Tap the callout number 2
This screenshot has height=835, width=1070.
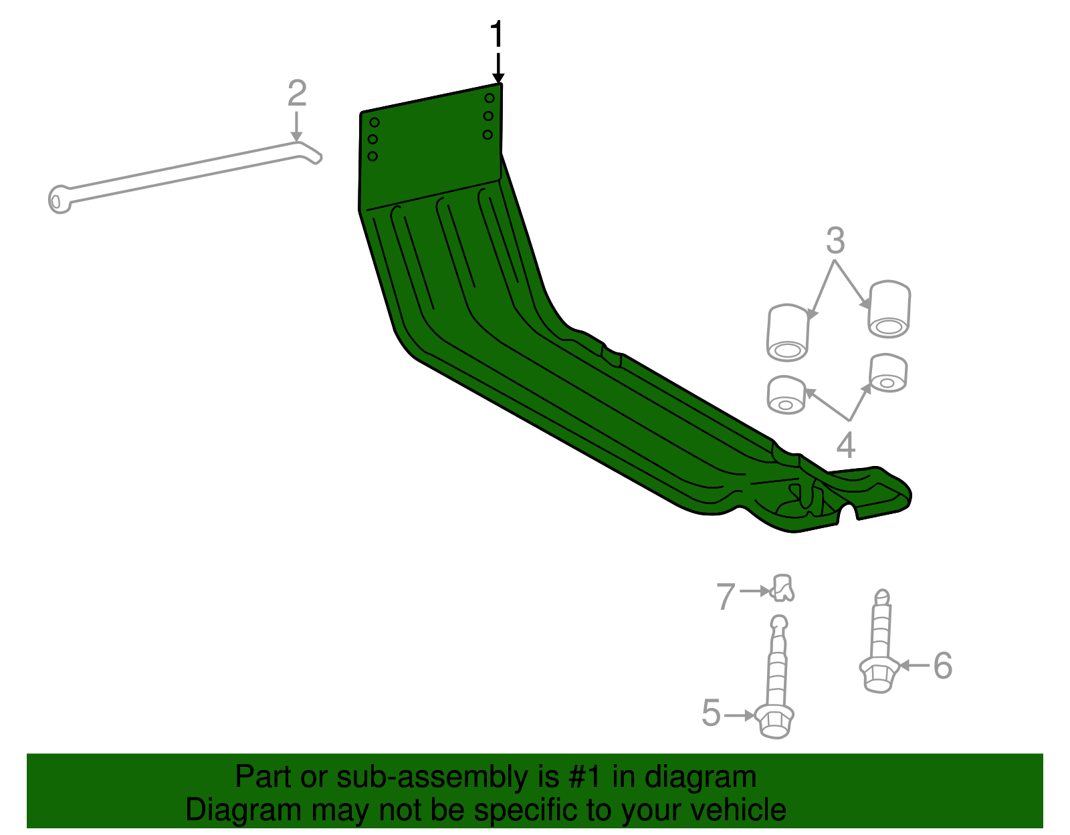pyautogui.click(x=297, y=94)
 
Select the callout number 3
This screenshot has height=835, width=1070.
pyautogui.click(x=835, y=241)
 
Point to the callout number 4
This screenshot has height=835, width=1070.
pyautogui.click(x=846, y=445)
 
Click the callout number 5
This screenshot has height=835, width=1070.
pyautogui.click(x=712, y=713)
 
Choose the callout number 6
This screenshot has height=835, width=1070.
pyautogui.click(x=942, y=666)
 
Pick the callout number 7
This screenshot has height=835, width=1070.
pyautogui.click(x=726, y=596)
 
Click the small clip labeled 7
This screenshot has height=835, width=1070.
pyautogui.click(x=782, y=588)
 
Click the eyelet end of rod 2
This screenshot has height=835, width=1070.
pyautogui.click(x=59, y=199)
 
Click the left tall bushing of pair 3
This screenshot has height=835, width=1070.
pyautogui.click(x=788, y=332)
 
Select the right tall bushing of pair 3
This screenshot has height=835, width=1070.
pyautogui.click(x=889, y=309)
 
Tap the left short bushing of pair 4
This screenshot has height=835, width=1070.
pyautogui.click(x=786, y=395)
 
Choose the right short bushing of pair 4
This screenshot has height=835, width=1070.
pyautogui.click(x=888, y=374)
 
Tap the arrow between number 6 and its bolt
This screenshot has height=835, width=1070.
pyautogui.click(x=914, y=665)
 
